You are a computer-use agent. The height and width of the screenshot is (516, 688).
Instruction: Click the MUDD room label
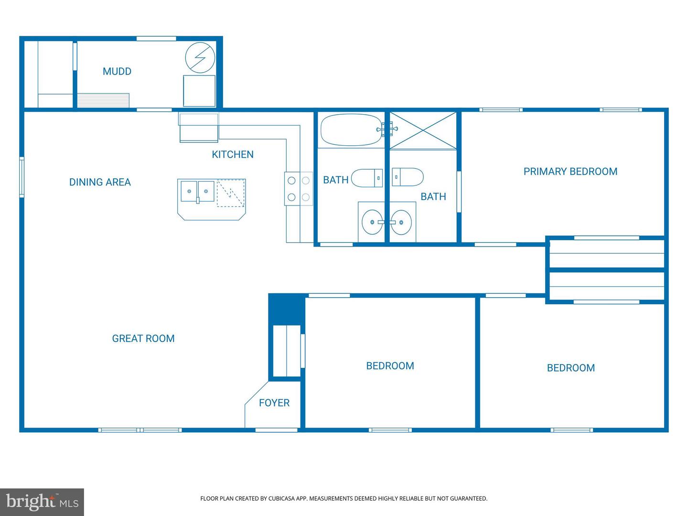coord(117,72)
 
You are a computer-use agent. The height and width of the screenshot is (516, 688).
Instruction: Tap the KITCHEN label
coord(233,154)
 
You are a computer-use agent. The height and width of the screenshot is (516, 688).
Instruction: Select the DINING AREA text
coord(100,182)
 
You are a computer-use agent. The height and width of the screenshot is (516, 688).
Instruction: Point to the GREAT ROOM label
coord(143,338)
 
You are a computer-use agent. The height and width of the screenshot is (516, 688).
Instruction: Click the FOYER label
coord(274,403)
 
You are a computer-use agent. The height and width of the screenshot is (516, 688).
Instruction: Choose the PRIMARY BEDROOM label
coord(570,172)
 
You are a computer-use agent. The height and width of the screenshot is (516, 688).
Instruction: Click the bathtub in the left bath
coord(351,129)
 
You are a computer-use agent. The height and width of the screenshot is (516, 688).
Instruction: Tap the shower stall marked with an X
coord(423,130)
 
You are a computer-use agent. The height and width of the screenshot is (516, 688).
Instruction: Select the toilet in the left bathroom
coord(366,178)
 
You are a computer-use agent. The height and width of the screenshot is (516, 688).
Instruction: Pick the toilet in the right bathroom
coord(408,177)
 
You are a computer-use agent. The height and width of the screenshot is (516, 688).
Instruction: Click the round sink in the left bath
coord(371,223)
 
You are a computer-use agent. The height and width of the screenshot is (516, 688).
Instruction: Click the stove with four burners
coord(299,189)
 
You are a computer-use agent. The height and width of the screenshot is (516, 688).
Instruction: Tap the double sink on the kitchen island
coord(197,191)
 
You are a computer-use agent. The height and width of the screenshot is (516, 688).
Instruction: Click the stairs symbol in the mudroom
coord(103,100)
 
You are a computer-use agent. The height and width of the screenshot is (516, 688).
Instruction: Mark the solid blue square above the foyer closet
coord(286,309)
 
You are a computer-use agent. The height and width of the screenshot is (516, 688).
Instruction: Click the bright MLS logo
coord(42,502)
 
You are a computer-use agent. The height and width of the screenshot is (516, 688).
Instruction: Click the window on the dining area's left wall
coord(21,177)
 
